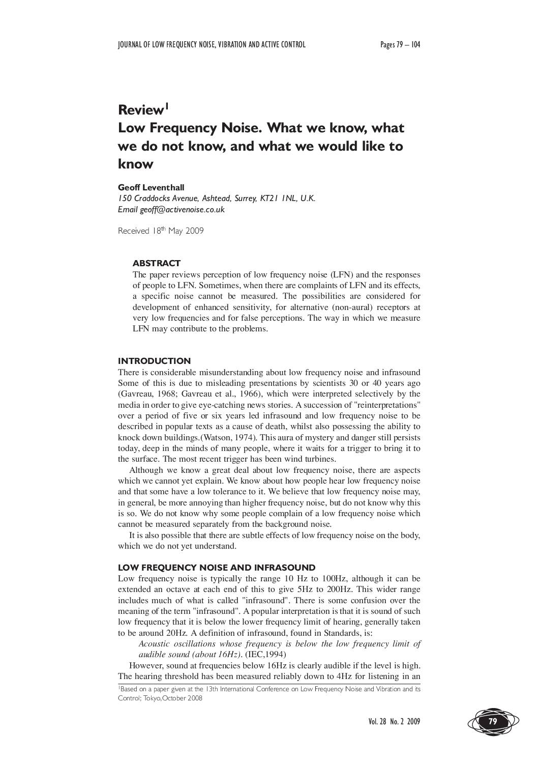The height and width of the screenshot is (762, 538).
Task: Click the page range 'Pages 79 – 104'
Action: pos(400,45)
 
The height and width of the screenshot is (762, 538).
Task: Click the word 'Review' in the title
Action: pos(141,110)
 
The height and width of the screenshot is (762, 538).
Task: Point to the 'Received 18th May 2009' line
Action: pos(161,231)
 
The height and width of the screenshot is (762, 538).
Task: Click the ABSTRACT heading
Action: pos(157,263)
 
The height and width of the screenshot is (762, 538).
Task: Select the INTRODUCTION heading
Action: pos(154,361)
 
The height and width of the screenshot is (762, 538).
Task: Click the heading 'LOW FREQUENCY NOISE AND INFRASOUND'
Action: pos(217,567)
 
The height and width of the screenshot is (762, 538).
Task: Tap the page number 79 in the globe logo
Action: pos(492,721)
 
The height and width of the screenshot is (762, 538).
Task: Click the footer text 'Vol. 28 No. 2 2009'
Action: pos(394,722)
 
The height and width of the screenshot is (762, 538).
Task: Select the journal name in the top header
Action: pos(212,45)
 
